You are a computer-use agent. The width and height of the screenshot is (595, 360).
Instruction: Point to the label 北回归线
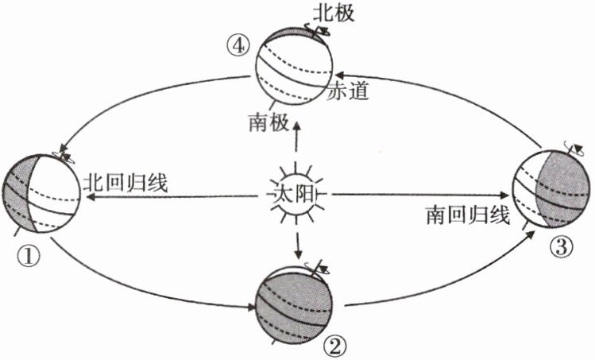(x=125, y=183)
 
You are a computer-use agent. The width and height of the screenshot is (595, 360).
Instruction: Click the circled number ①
(x=27, y=254)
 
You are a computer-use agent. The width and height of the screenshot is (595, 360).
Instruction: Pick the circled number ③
(x=561, y=248)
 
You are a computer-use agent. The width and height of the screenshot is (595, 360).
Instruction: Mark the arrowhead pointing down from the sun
(x=299, y=254)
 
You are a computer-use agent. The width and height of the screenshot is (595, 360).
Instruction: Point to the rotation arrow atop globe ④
(x=323, y=32)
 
